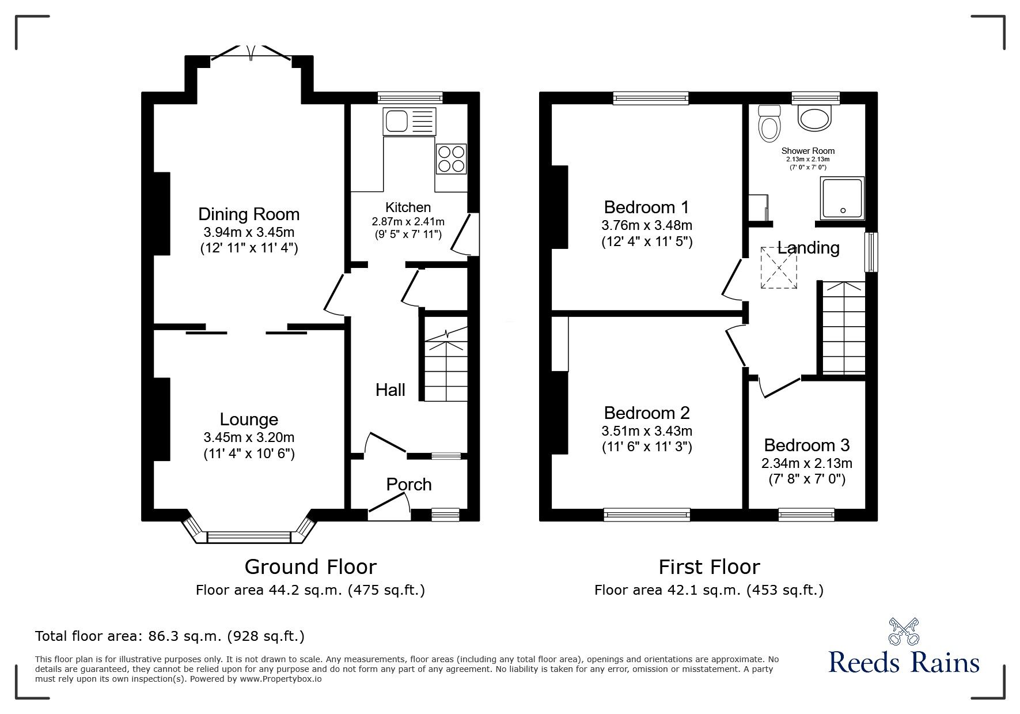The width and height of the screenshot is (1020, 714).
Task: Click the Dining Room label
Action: pyautogui.click(x=249, y=214)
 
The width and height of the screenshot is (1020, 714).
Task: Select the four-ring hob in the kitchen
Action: pyautogui.click(x=451, y=159)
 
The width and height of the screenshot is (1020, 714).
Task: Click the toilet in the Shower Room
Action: pyautogui.click(x=769, y=124)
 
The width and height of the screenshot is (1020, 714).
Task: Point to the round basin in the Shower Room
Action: pyautogui.click(x=815, y=118)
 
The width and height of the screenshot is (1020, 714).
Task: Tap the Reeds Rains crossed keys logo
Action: pyautogui.click(x=904, y=631)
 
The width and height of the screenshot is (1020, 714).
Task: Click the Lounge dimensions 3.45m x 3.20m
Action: pyautogui.click(x=249, y=437)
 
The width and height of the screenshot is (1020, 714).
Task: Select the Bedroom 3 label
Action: pyautogui.click(x=806, y=445)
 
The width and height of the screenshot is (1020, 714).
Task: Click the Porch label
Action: pyautogui.click(x=409, y=485)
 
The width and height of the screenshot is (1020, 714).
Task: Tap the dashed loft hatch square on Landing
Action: pyautogui.click(x=779, y=268)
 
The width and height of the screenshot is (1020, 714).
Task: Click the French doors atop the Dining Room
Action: pyautogui.click(x=251, y=53)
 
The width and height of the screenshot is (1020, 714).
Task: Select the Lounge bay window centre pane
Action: pyautogui.click(x=249, y=538)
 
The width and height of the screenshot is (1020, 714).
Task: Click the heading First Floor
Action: pyautogui.click(x=709, y=567)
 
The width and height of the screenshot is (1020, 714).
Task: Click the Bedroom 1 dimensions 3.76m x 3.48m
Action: pyautogui.click(x=647, y=225)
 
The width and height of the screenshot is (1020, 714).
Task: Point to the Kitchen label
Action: pyautogui.click(x=408, y=207)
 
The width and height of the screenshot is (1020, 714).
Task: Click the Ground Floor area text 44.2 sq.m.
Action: pyautogui.click(x=310, y=590)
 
